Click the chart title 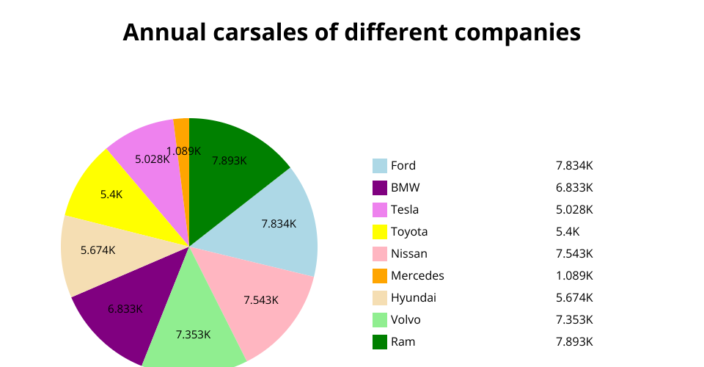[351, 32]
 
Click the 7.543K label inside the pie [261, 299]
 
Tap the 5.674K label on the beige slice [98, 250]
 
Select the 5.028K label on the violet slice [153, 159]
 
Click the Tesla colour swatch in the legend [380, 210]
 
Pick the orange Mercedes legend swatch [380, 276]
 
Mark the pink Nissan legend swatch [380, 254]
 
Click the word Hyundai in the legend [414, 298]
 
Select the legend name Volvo [406, 320]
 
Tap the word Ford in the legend [403, 166]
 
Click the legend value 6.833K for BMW [574, 188]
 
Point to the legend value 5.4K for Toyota [568, 232]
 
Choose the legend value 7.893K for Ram [574, 342]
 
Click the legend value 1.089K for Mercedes [574, 276]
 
